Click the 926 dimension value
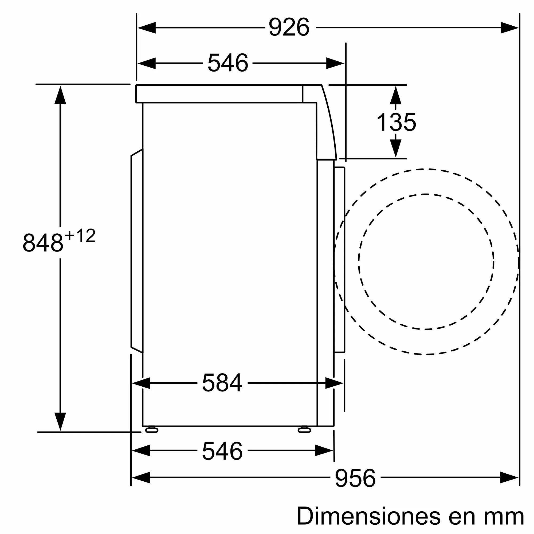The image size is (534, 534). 289,27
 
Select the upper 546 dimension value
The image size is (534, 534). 228,63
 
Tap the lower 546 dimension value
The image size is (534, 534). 222,451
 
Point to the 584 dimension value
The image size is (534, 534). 222,383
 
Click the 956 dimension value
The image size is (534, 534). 355,478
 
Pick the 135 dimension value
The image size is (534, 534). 396,123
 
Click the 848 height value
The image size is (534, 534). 43,243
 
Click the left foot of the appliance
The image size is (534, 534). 152,430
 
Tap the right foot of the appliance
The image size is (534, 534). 304,430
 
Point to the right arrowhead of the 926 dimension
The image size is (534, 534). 509,28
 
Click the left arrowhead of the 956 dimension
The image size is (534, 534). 141,478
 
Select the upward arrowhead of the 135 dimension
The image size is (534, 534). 395,96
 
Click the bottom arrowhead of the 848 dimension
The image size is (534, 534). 60,421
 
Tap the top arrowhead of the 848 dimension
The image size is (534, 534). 60,95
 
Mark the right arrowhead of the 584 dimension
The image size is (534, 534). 334,383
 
